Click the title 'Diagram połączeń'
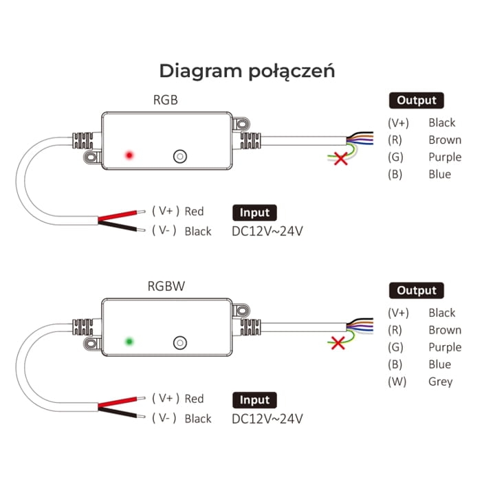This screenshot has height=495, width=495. [x=247, y=71]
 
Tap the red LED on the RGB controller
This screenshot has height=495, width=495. [x=128, y=155]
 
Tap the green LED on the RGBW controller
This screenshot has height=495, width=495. [x=128, y=341]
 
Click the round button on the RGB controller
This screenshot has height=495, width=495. [x=179, y=155]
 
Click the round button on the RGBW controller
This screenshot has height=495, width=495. [x=180, y=342]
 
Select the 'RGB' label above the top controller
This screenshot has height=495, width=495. [x=165, y=100]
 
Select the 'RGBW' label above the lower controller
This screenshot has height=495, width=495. [x=165, y=287]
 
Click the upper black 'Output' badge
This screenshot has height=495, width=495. [x=416, y=100]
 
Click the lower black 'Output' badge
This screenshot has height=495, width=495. [x=416, y=290]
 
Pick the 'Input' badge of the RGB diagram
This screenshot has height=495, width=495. [x=255, y=212]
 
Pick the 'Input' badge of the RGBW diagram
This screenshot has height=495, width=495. [x=255, y=399]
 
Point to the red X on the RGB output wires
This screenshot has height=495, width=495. [x=340, y=159]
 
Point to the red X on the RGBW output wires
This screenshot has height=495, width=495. [x=338, y=342]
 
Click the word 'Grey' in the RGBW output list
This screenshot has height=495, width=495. [x=440, y=382]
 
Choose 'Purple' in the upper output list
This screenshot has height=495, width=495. [x=444, y=157]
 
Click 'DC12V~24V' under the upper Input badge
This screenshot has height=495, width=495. [x=267, y=231]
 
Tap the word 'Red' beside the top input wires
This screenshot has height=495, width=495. [x=194, y=211]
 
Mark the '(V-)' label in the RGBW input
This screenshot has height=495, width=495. [x=164, y=418]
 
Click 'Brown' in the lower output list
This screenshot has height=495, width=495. [x=444, y=330]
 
